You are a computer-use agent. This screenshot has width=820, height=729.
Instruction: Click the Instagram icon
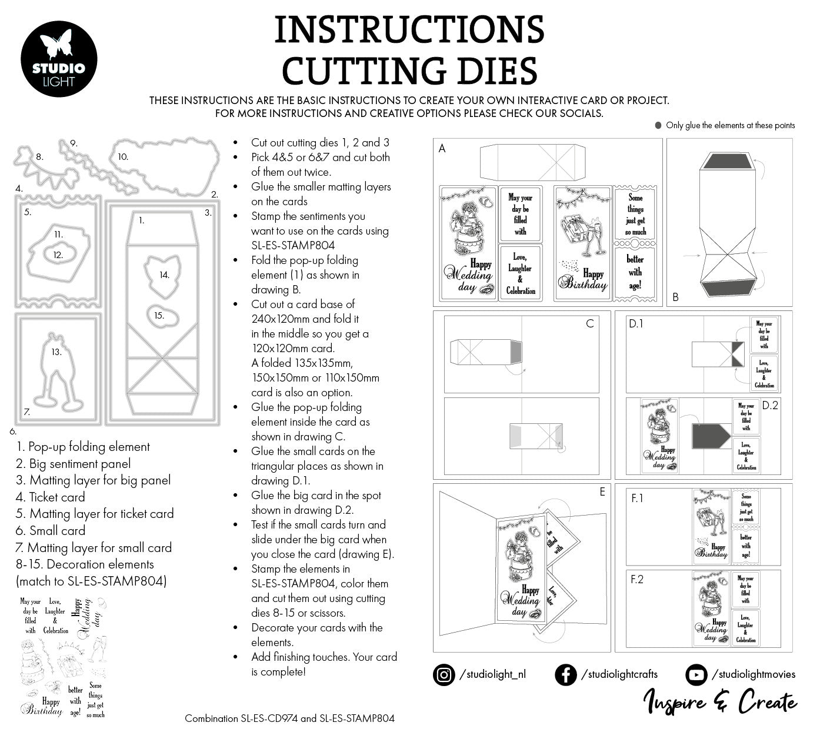click(444, 674)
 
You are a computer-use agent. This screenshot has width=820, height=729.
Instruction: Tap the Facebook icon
click(565, 674)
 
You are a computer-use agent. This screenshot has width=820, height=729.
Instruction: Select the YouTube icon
click(696, 674)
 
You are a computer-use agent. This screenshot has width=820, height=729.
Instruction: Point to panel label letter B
click(675, 297)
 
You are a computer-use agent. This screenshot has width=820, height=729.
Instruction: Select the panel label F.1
click(637, 498)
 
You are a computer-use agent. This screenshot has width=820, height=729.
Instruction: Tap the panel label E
click(602, 492)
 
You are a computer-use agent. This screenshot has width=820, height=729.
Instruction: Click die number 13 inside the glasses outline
click(56, 352)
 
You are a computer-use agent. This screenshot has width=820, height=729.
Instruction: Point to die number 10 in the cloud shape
click(122, 157)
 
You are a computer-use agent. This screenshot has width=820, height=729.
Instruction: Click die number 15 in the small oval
click(159, 315)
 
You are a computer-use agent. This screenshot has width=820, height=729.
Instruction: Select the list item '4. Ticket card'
click(51, 497)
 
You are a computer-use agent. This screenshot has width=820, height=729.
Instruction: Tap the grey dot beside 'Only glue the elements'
click(658, 125)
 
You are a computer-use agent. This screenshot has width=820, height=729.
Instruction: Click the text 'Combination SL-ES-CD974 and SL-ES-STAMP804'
click(289, 718)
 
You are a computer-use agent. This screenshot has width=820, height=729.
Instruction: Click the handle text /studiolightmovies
click(754, 674)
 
